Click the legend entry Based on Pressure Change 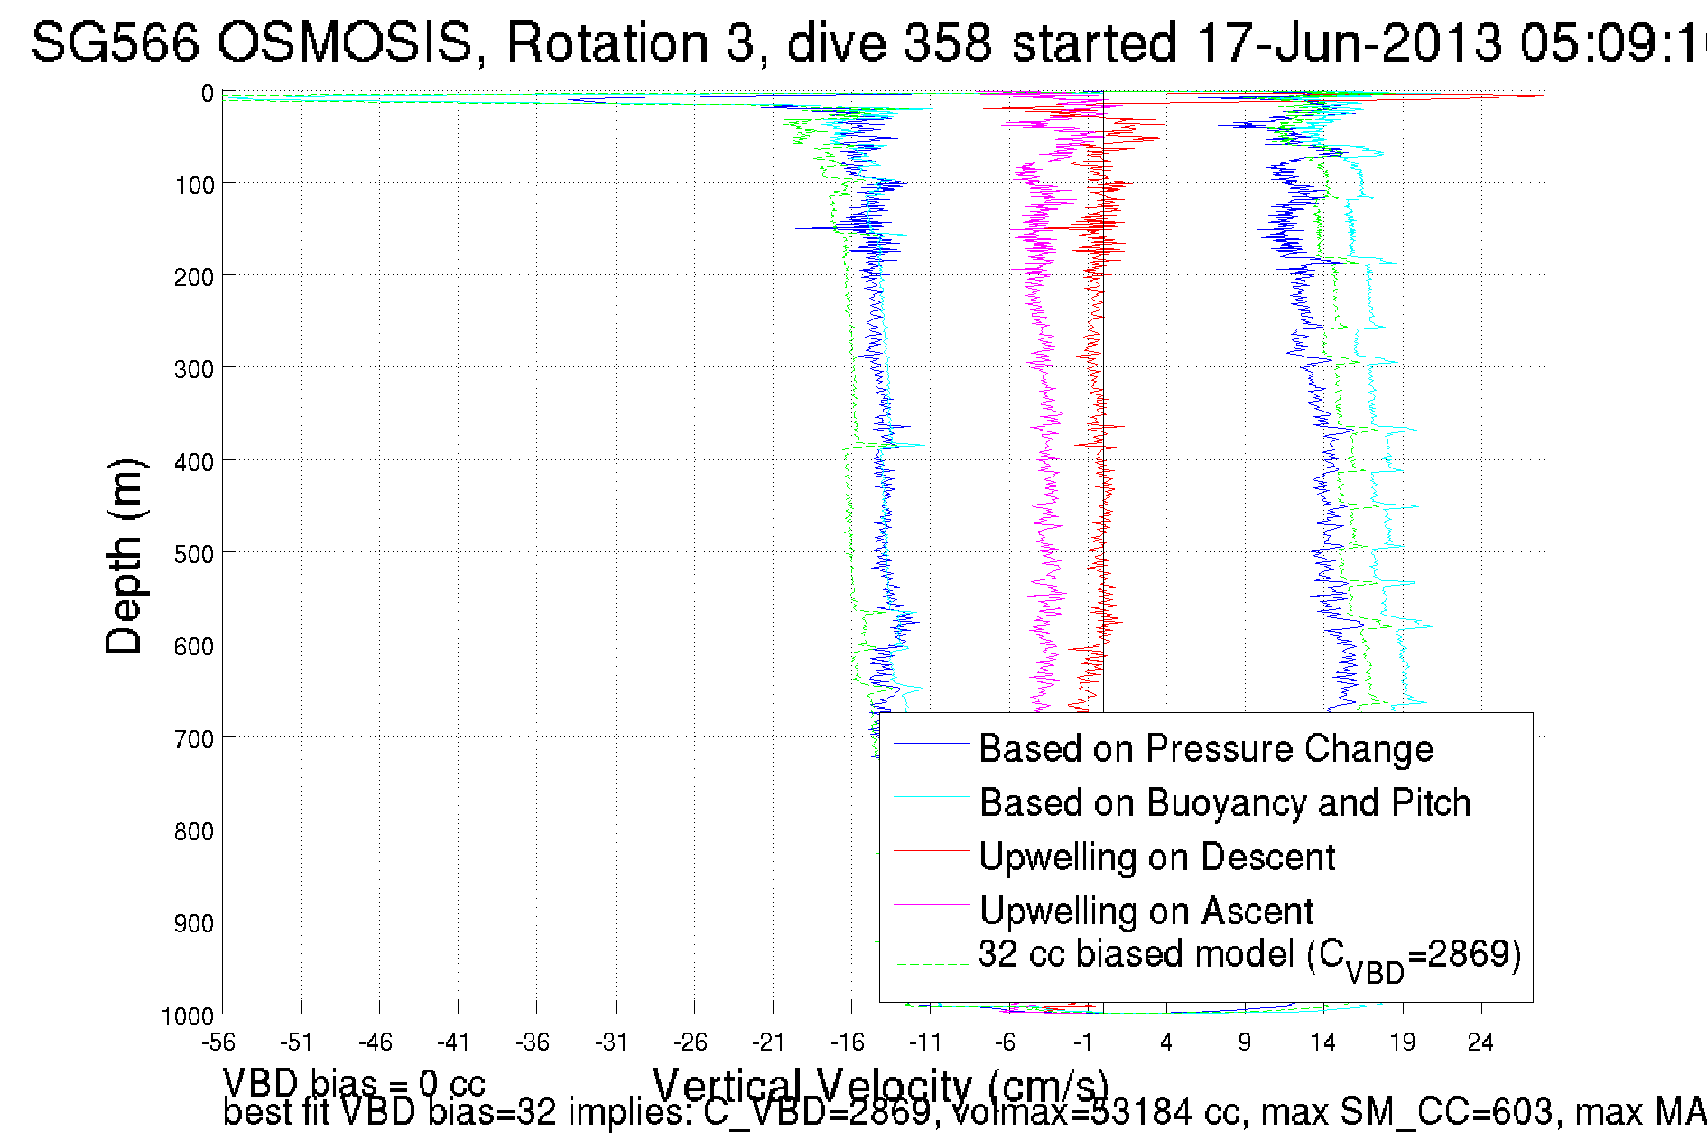(x=1206, y=749)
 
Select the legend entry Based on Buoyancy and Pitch (x=1225, y=803)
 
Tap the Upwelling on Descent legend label (x=1157, y=857)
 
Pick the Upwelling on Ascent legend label (x=1146, y=912)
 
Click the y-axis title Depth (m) (x=125, y=556)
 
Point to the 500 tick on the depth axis (x=194, y=554)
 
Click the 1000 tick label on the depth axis (x=188, y=1017)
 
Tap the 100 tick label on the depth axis (x=194, y=186)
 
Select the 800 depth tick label (x=194, y=831)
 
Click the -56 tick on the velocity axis (x=218, y=1043)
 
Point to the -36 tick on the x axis (x=533, y=1043)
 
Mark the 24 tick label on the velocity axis (x=1480, y=1043)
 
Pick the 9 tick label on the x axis (x=1245, y=1043)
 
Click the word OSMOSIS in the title (x=346, y=42)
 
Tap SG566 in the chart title (x=116, y=42)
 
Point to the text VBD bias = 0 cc (x=354, y=1084)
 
